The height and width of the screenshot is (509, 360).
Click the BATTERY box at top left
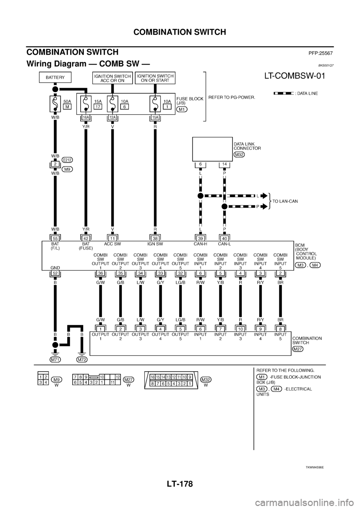[x=55, y=78]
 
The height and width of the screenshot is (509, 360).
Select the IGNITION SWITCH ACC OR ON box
[x=112, y=78]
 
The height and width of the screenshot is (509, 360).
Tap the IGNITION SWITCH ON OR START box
[x=154, y=78]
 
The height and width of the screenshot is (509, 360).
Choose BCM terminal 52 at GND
[x=55, y=274]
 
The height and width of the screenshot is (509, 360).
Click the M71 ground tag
[x=55, y=359]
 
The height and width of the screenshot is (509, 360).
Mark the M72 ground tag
[x=82, y=359]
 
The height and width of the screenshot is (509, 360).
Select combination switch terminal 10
[x=240, y=329]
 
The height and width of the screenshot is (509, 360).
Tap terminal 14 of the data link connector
[x=224, y=164]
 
